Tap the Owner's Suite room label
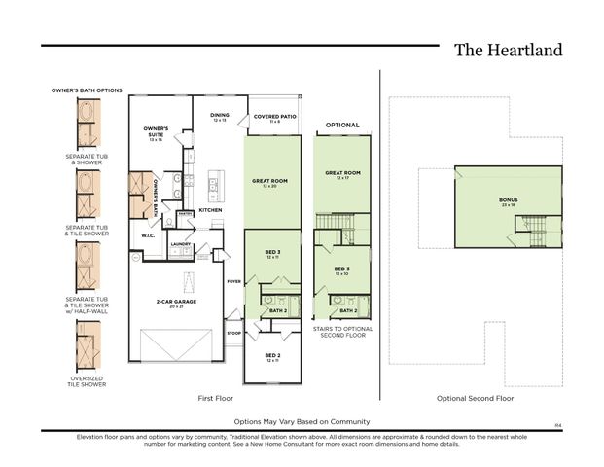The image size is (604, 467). pyautogui.click(x=156, y=131)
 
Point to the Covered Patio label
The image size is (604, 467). pyautogui.click(x=273, y=118)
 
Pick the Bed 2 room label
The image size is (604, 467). pyautogui.click(x=273, y=358)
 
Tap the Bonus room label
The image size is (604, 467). pyautogui.click(x=508, y=202)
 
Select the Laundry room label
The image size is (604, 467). pyautogui.click(x=180, y=244)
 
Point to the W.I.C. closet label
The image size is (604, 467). pyautogui.click(x=148, y=234)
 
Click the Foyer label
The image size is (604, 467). pyautogui.click(x=233, y=281)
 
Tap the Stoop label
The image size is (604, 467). pyautogui.click(x=233, y=333)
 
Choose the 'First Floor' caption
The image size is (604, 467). pyautogui.click(x=215, y=398)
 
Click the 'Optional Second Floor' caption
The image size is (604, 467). pyautogui.click(x=477, y=398)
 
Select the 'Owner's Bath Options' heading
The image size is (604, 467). pyautogui.click(x=87, y=90)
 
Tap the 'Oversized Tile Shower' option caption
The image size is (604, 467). pyautogui.click(x=86, y=381)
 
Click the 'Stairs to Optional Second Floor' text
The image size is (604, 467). pyautogui.click(x=342, y=332)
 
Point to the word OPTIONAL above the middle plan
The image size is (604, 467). pyautogui.click(x=342, y=126)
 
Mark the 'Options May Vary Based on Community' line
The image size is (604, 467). pyautogui.click(x=302, y=421)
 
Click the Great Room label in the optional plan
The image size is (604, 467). pyautogui.click(x=342, y=175)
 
